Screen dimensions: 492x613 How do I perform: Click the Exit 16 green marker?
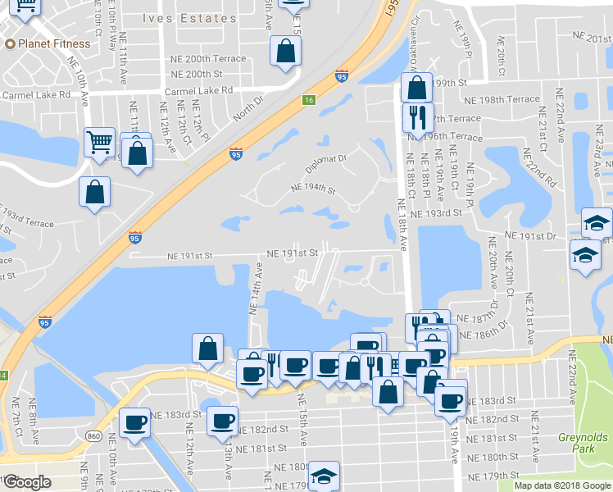pos(308,100)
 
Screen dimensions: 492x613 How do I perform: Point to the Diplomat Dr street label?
pos(329,157)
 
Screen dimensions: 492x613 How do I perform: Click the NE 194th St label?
pos(313,189)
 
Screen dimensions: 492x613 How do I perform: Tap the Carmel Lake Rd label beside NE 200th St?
pos(198,90)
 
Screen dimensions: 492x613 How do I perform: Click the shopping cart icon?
pos(99,143)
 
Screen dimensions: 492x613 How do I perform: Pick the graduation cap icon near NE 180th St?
pos(324,476)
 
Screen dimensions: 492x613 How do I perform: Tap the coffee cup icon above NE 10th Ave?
pos(135,423)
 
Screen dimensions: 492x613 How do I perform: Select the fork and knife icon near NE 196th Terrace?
pos(417,116)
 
